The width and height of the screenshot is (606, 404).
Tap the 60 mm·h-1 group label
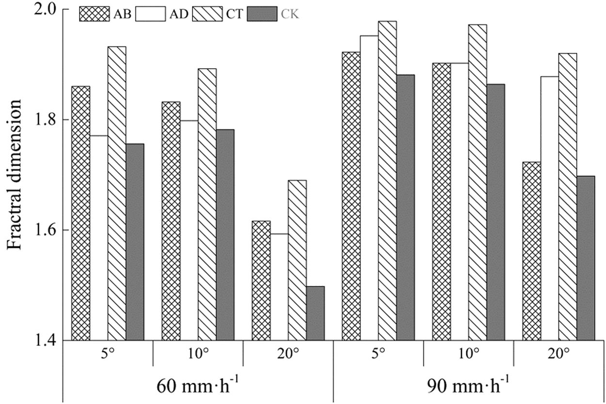[x=197, y=387]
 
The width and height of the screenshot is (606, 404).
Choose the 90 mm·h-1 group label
[x=468, y=387]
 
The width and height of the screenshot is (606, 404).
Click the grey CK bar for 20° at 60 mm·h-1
[x=315, y=313]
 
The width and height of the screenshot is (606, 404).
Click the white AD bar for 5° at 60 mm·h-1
[x=98, y=238]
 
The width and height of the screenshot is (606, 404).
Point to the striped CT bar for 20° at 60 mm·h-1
[x=297, y=260]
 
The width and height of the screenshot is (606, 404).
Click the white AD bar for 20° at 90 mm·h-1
[x=549, y=208]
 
